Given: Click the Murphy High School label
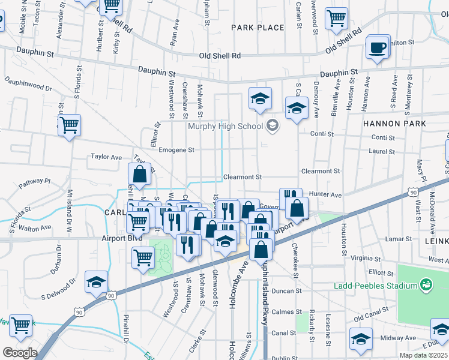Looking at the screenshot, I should point(225,126).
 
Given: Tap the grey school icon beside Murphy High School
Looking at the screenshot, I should point(273,125).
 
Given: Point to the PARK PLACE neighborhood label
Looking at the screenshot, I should point(258,28).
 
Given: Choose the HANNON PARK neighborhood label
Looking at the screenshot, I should point(394,124).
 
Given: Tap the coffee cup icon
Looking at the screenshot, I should point(378,48).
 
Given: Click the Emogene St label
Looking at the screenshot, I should point(176,150).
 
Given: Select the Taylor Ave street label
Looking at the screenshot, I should point(106,157).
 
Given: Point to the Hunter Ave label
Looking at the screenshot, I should point(325,195).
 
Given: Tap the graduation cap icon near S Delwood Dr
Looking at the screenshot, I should point(96,283).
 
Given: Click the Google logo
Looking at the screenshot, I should point(19,353).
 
